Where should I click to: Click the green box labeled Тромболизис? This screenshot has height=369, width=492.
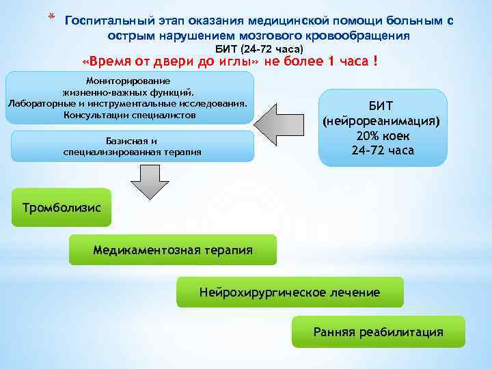click(x=61, y=207)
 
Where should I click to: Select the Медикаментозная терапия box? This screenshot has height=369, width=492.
click(x=173, y=250)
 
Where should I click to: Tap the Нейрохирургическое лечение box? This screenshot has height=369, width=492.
click(x=290, y=292)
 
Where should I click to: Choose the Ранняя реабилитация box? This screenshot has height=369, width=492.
click(x=378, y=332)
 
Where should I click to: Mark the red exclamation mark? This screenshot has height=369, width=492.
click(x=375, y=62)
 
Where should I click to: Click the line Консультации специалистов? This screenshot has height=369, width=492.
click(x=129, y=115)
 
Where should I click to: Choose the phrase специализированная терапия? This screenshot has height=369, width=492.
click(x=133, y=152)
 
